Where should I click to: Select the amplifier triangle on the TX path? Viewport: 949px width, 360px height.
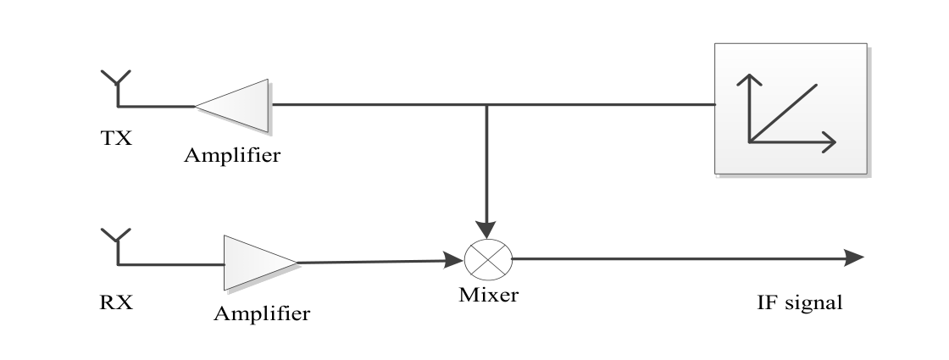click(237, 106)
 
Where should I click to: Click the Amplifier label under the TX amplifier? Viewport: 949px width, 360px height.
click(232, 157)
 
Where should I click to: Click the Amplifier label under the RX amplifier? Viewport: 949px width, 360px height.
click(261, 314)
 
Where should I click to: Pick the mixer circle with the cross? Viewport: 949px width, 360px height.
click(486, 259)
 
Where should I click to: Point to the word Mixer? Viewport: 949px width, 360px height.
click(488, 296)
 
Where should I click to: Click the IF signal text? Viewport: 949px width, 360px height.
click(800, 302)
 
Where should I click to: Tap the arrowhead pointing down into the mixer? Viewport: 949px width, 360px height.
click(486, 229)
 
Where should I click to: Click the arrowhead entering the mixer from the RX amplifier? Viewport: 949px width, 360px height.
click(455, 260)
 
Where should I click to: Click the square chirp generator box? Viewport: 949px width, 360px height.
click(790, 108)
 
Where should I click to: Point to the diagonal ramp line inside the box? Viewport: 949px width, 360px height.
click(784, 112)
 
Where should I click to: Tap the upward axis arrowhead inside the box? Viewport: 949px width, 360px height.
click(750, 81)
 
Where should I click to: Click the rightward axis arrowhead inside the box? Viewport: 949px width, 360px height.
click(829, 141)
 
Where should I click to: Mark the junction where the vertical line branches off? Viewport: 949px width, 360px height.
click(486, 106)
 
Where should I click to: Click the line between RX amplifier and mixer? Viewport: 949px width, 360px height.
click(373, 261)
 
